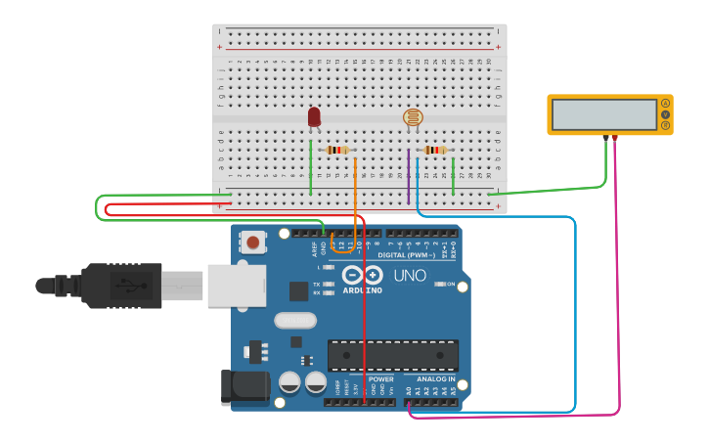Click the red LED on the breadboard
click(314, 116)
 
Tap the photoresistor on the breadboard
click(413, 118)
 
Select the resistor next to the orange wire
click(337, 150)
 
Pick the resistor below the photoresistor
click(434, 150)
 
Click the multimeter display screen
click(603, 114)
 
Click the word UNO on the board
click(409, 276)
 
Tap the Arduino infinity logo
click(362, 276)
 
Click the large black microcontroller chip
click(393, 355)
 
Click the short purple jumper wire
click(408, 176)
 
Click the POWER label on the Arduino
click(380, 378)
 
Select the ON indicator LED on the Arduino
click(438, 285)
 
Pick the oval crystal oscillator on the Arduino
click(295, 320)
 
